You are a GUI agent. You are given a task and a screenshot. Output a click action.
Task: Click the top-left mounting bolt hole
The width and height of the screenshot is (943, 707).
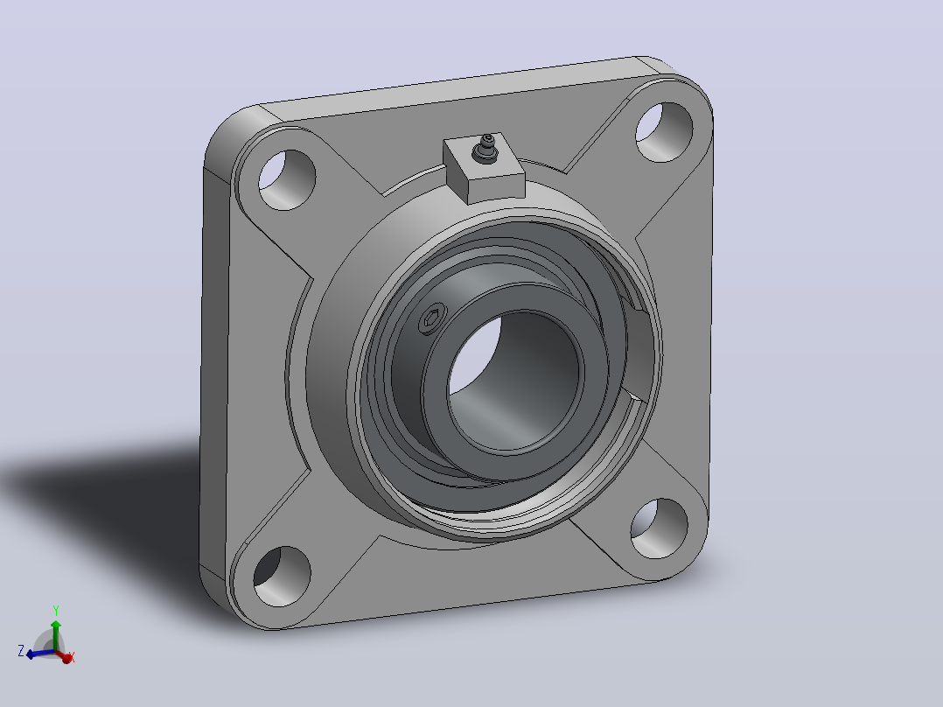287,180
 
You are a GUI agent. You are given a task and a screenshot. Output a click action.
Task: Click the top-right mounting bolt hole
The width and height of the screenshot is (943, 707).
664,132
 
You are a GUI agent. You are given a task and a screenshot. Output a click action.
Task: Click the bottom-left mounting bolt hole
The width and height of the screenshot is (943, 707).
282,576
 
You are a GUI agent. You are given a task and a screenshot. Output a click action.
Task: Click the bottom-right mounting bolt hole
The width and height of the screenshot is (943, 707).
660,528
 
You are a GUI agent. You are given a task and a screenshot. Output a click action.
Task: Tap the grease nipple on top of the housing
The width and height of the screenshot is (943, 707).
485,149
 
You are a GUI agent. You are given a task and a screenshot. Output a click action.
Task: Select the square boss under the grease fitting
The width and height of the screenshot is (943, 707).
484,169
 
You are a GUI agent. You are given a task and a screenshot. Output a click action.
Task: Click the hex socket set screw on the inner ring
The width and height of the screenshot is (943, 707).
432,318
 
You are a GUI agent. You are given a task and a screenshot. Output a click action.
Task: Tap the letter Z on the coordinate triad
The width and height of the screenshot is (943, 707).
21,650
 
